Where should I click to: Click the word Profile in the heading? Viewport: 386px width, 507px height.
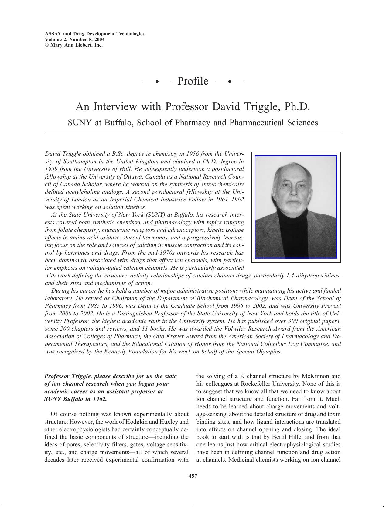tap(193, 81)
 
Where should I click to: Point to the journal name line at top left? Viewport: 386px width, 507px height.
tap(94, 34)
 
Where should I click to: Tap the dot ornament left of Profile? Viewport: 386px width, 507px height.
tap(157, 82)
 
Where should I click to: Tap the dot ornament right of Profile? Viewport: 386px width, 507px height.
tap(229, 82)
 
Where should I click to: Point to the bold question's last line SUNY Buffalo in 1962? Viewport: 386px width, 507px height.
tap(76, 399)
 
